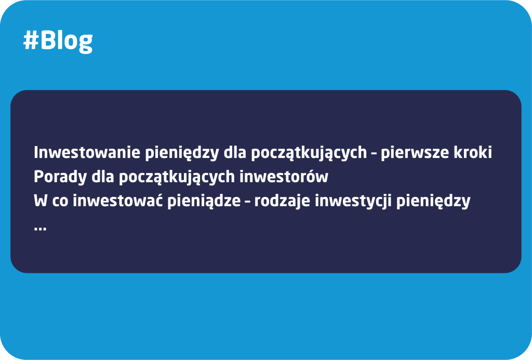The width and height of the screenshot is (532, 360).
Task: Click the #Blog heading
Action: [x=58, y=41]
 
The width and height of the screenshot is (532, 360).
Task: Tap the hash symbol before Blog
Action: [x=31, y=41]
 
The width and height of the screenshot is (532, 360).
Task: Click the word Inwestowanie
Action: [x=87, y=152]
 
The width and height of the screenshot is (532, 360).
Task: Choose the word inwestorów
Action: [x=284, y=177]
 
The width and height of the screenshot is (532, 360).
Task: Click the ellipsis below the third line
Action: [x=40, y=229]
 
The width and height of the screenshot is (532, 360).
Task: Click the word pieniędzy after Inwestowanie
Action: [x=182, y=153]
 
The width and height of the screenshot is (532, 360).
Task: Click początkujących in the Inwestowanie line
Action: [x=309, y=153]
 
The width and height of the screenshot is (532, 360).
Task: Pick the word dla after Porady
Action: [x=103, y=177]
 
